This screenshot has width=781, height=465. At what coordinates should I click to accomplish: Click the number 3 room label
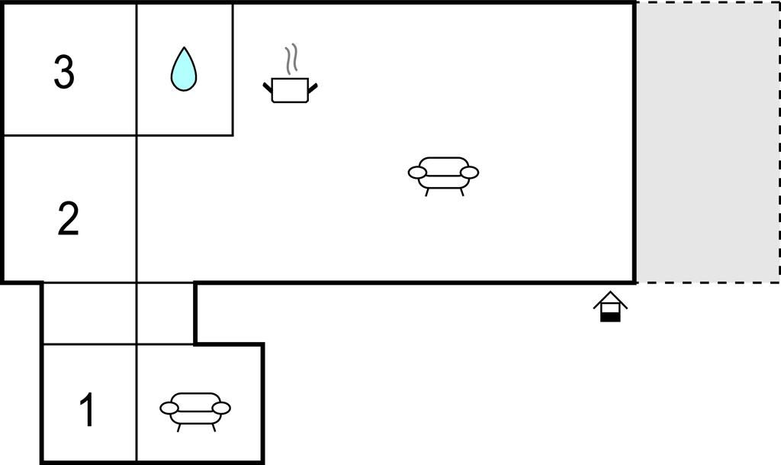[x=64, y=73]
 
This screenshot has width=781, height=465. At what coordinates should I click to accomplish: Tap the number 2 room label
[x=68, y=218]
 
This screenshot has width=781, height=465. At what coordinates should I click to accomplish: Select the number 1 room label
[x=87, y=409]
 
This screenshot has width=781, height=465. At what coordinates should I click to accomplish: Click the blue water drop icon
[x=184, y=69]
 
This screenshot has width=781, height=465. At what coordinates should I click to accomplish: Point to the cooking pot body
[x=290, y=90]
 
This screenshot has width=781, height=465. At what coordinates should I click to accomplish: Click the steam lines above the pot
[x=291, y=59]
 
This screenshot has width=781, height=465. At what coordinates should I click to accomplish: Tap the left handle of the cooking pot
[x=268, y=88]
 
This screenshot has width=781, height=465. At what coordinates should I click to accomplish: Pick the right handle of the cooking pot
[x=313, y=88]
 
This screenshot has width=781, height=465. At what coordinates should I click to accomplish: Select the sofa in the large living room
[x=443, y=176]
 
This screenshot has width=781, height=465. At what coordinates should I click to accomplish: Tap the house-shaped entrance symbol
[x=610, y=306]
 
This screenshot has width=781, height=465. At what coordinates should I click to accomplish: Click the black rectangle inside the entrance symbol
[x=610, y=316]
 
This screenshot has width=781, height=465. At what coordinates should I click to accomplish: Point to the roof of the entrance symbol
[x=610, y=299]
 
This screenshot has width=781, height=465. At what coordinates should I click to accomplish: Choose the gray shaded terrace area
[x=708, y=143]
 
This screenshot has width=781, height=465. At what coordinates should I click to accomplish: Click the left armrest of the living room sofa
[x=417, y=173]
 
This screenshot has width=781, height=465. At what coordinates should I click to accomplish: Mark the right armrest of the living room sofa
[x=469, y=173]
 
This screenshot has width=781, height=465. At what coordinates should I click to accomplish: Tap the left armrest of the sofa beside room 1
[x=169, y=408]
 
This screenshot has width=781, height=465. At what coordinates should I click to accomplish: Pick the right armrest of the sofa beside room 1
[x=221, y=408]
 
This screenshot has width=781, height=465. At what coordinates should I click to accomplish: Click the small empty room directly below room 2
[x=90, y=314]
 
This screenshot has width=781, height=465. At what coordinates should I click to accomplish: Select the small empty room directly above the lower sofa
[x=166, y=314]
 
